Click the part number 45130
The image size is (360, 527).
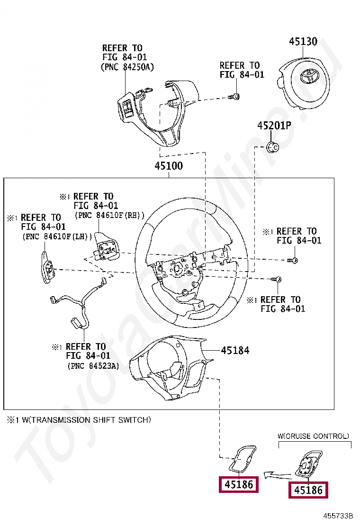point(303,42)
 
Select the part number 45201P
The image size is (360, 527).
point(274,126)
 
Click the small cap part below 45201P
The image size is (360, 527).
point(272,147)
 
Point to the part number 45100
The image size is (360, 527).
point(169,166)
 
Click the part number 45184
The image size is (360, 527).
point(235,350)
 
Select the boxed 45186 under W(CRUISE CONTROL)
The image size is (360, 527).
point(308,490)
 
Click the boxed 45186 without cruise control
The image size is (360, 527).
point(238,485)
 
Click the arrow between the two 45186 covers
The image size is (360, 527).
point(276,473)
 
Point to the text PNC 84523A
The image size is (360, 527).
point(93,366)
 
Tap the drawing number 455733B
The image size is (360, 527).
point(339,515)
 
